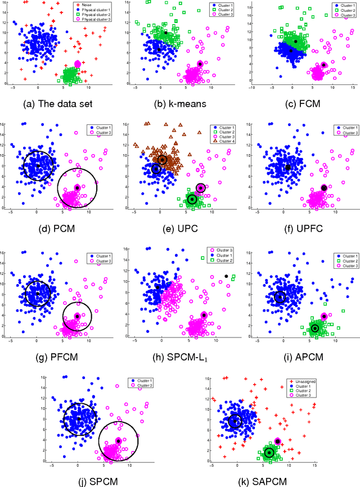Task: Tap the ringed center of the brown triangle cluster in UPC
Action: click(162, 160)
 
